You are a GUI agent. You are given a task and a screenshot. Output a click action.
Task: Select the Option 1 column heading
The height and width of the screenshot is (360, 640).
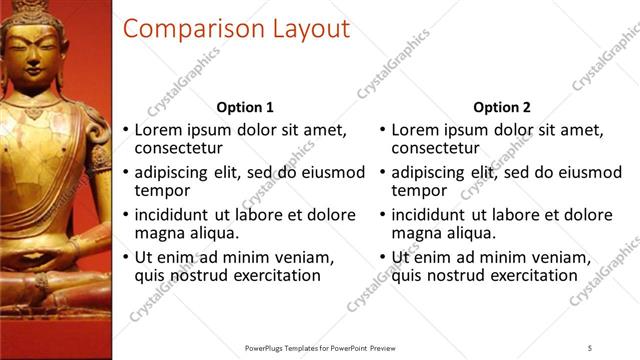[245, 107]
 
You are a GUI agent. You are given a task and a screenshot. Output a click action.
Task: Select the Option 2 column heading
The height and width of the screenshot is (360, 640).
[502, 107]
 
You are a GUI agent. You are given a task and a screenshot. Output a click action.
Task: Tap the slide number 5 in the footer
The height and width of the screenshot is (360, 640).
[590, 347]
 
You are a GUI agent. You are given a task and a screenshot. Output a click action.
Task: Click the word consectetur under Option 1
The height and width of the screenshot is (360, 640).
[181, 148]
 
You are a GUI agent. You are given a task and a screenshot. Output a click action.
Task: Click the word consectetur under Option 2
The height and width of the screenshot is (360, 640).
[438, 148]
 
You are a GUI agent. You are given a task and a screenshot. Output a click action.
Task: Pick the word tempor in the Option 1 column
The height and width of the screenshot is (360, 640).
[162, 191]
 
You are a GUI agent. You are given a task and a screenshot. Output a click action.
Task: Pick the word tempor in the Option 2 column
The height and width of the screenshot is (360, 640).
[419, 191]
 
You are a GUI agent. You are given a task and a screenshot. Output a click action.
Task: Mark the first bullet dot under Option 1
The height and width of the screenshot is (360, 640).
[125, 130]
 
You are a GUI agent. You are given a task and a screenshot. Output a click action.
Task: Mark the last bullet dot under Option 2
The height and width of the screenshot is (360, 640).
[382, 258]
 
